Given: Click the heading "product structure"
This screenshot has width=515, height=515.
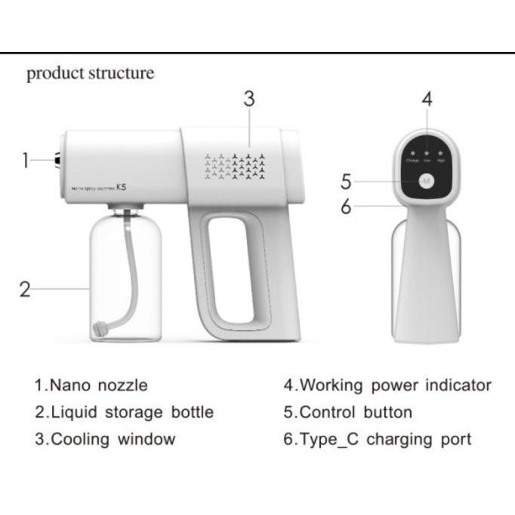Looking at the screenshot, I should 90,73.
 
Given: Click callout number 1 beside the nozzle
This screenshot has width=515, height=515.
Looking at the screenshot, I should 26,160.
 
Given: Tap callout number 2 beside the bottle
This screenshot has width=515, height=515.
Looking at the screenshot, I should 25,289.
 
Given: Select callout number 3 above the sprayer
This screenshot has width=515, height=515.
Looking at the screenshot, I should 249,99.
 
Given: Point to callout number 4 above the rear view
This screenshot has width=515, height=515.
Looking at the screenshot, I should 427,99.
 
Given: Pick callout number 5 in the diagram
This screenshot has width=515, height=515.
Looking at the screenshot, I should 346,181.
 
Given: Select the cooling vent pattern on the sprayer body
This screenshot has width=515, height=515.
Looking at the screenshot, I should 235,167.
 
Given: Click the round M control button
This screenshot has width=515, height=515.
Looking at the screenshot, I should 427,181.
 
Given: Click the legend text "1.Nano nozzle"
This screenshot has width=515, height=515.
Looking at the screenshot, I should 91,384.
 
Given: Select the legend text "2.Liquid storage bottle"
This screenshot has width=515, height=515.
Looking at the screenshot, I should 124,412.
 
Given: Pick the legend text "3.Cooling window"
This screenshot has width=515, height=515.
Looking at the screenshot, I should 105,439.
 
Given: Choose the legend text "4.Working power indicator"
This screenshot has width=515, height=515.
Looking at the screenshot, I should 387,384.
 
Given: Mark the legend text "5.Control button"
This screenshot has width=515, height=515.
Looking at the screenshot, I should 348,412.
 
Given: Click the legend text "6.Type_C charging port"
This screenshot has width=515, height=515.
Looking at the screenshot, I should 378,439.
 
